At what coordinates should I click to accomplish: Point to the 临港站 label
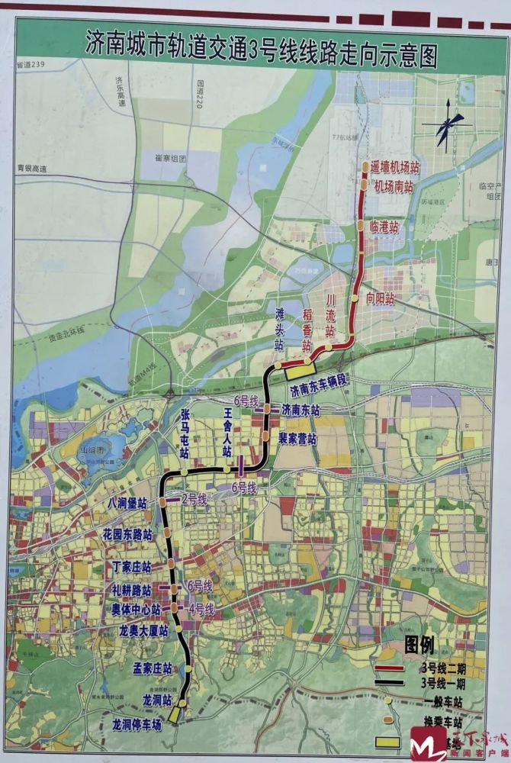(384, 226)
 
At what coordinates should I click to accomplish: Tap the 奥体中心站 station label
(135, 610)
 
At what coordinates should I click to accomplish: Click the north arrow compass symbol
(445, 126)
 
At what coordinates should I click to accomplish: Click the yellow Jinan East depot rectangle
(297, 372)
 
